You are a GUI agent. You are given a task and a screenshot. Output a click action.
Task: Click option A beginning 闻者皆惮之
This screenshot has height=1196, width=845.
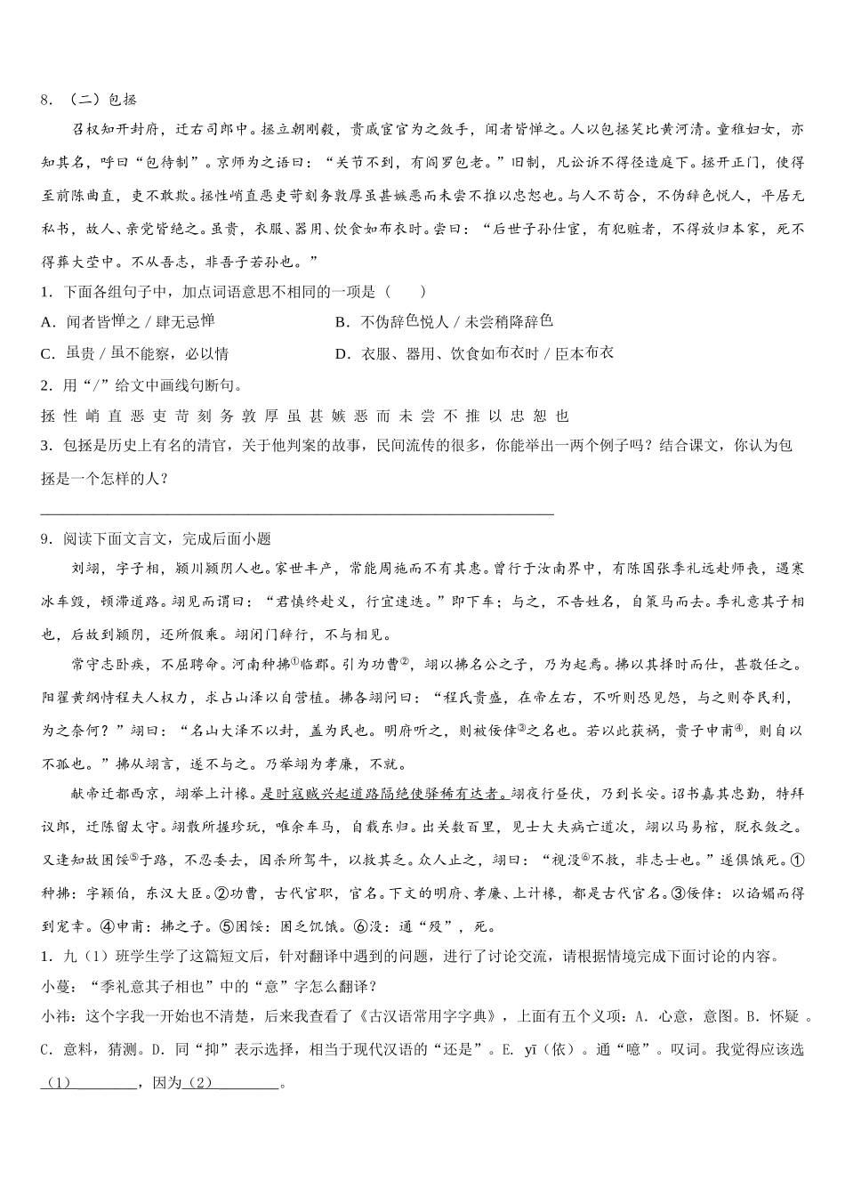(128, 321)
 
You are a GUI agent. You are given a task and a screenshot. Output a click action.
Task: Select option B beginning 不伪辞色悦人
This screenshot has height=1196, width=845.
(444, 321)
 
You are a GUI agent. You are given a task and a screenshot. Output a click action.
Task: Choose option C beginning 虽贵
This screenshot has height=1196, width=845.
(134, 353)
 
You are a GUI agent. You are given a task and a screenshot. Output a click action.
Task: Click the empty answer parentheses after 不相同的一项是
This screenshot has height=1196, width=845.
(405, 291)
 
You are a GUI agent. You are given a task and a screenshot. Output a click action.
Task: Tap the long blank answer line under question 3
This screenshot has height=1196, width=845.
(297, 513)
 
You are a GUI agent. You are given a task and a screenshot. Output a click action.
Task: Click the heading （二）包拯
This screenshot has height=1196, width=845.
(100, 99)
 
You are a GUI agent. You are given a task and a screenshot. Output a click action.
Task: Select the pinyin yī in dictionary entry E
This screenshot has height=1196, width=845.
(531, 1049)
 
